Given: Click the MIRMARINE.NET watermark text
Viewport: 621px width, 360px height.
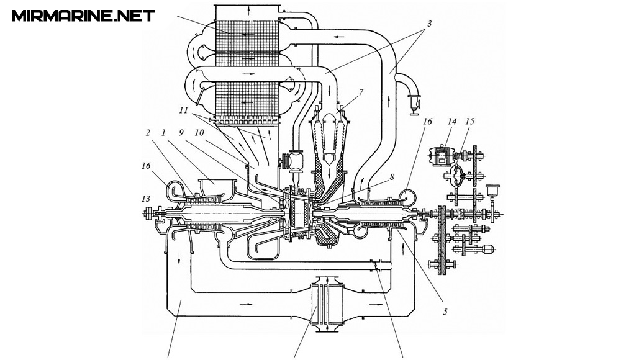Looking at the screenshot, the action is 83,16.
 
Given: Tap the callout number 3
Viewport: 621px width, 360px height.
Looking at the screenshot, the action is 429,24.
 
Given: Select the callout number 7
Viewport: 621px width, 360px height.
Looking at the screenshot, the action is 361,92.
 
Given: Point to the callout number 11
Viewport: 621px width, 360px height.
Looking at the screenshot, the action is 183,110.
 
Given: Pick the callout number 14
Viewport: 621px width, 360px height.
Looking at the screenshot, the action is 452,121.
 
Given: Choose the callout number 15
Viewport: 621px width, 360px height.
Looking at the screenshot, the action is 469,121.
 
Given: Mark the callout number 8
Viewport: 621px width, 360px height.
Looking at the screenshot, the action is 391,177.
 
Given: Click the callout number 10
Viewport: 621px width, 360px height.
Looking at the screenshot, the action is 199,132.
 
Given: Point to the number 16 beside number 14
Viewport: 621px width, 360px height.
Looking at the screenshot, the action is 427,121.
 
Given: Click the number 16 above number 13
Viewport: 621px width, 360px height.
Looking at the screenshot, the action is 146,165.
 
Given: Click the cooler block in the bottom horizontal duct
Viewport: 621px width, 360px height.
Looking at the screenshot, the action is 324,304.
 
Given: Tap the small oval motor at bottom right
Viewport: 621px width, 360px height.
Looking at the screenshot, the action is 489,249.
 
